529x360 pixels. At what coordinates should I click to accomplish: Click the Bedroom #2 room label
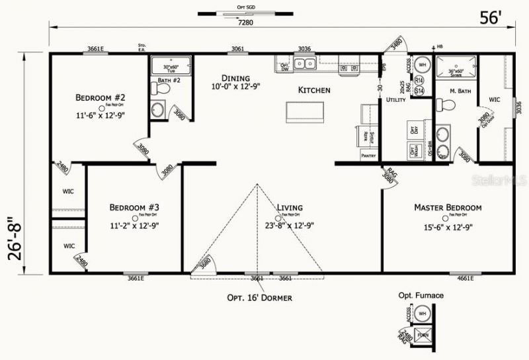click(101, 96)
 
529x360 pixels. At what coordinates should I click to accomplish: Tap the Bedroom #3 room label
click(134, 207)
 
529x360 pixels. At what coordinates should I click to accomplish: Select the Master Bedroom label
click(448, 207)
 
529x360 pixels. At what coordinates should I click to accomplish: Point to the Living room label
click(290, 207)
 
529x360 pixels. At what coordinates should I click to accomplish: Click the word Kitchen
click(314, 90)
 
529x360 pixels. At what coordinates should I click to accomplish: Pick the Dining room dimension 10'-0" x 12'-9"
click(235, 87)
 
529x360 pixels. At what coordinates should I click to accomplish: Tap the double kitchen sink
click(305, 64)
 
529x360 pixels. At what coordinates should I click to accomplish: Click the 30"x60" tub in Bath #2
click(171, 66)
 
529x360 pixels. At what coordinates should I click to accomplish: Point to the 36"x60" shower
click(456, 68)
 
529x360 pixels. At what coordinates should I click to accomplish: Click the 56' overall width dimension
click(492, 19)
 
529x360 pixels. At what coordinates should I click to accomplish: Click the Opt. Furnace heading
click(421, 295)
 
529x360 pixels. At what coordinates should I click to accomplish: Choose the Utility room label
click(395, 100)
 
